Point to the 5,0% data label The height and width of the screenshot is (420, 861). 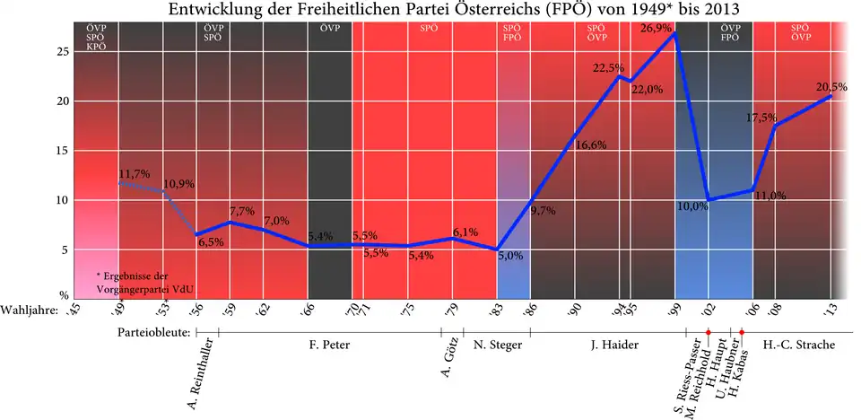509,256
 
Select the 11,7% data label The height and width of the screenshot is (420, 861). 134,173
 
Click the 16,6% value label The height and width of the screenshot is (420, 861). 591,145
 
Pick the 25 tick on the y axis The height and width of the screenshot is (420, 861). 64,52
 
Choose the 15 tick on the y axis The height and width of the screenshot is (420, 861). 64,151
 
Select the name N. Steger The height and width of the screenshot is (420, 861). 492,344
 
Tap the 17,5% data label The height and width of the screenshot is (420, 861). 765,117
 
